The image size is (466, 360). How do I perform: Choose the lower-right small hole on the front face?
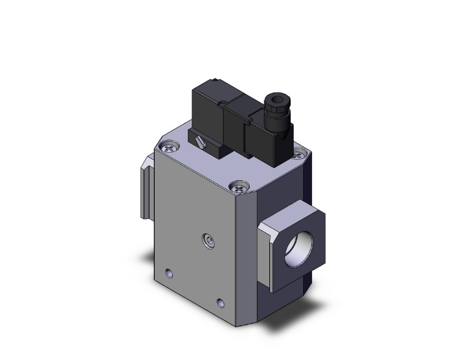(x=220, y=302)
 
